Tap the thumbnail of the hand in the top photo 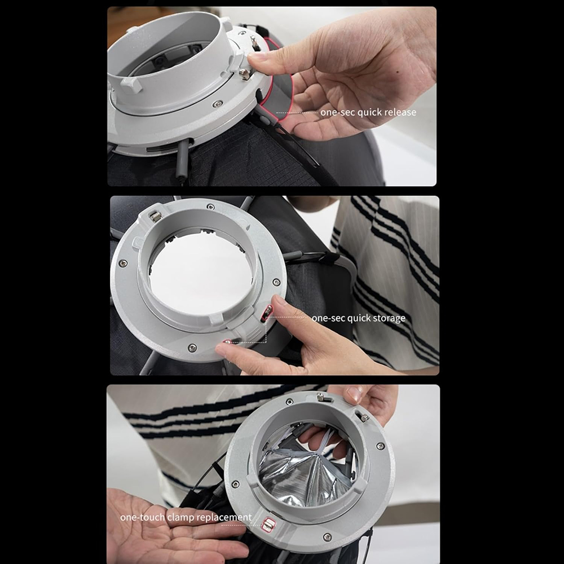(x=257, y=56)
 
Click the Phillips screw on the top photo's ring (x=217, y=104)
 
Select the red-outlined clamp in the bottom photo (x=268, y=525)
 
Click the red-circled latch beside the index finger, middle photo (x=267, y=312)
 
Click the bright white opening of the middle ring (x=201, y=274)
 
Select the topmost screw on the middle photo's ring (x=210, y=206)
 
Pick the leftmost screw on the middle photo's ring (x=123, y=263)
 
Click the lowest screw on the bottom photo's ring (x=327, y=537)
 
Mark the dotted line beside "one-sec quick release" (x=297, y=113)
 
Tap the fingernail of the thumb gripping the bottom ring (x=355, y=394)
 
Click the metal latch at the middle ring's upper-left (x=156, y=217)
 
